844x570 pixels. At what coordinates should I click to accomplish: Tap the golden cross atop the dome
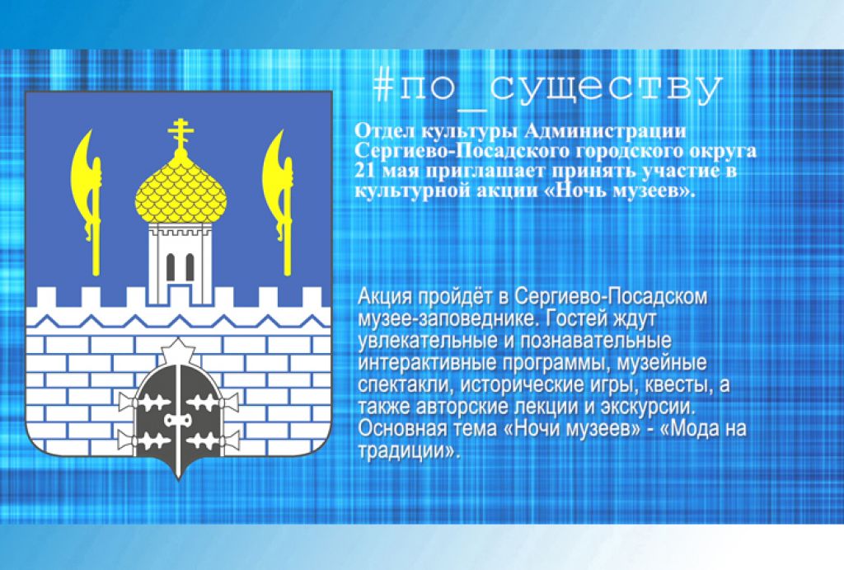181,134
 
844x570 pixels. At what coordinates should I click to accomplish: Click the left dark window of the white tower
171,266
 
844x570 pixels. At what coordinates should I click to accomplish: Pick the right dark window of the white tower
190,266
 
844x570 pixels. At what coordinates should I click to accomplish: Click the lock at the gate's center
178,420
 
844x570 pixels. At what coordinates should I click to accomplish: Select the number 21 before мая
363,172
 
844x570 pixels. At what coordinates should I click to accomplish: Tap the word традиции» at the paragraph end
410,451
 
